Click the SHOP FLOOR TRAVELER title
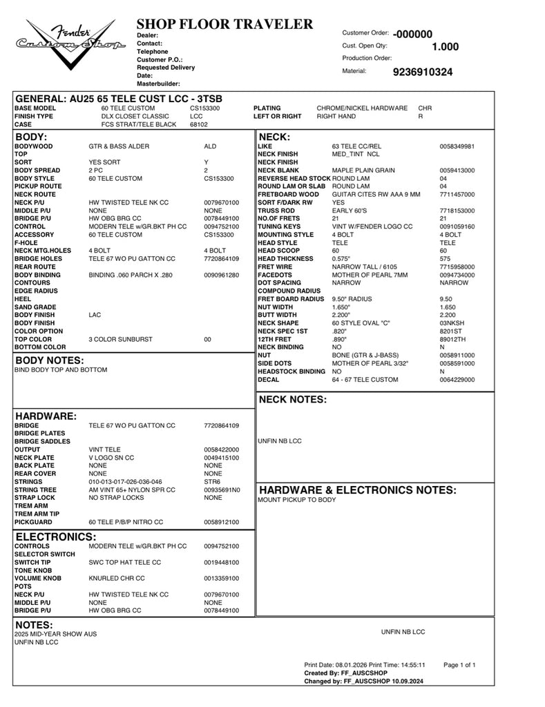224,25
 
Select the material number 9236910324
423,72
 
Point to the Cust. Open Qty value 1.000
445,47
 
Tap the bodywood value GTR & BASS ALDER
119,146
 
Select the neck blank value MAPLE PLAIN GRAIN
363,171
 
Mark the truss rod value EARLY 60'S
348,211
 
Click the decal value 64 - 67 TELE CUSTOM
365,380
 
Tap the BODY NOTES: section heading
59,360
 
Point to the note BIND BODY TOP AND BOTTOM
61,370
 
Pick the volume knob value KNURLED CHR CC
117,578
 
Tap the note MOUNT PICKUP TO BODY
296,499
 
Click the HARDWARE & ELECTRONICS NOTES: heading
357,490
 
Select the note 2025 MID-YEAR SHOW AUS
51,634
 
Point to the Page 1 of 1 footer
459,665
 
